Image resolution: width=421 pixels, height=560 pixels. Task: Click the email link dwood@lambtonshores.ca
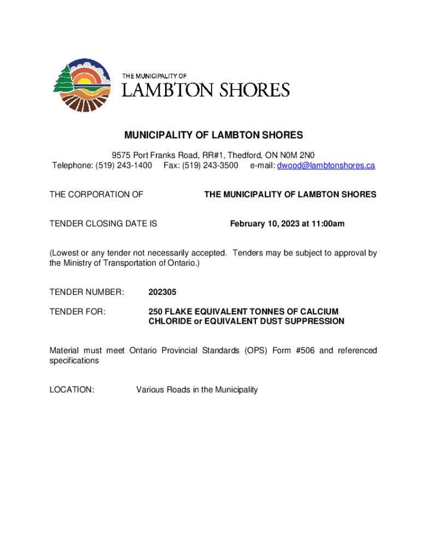click(326, 165)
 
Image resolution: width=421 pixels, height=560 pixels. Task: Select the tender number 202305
click(162, 293)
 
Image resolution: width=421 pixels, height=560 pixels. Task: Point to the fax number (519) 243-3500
click(210, 165)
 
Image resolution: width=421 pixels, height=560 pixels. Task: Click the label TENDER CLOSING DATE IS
click(103, 224)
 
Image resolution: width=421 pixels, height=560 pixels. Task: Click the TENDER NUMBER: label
click(87, 293)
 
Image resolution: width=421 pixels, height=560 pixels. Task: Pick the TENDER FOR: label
click(77, 312)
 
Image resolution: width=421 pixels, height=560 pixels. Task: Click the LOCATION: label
click(72, 390)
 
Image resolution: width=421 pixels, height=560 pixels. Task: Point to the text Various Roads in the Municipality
click(197, 390)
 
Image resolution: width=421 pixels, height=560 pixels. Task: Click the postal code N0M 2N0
click(304, 155)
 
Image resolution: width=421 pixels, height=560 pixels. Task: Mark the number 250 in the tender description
click(156, 312)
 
